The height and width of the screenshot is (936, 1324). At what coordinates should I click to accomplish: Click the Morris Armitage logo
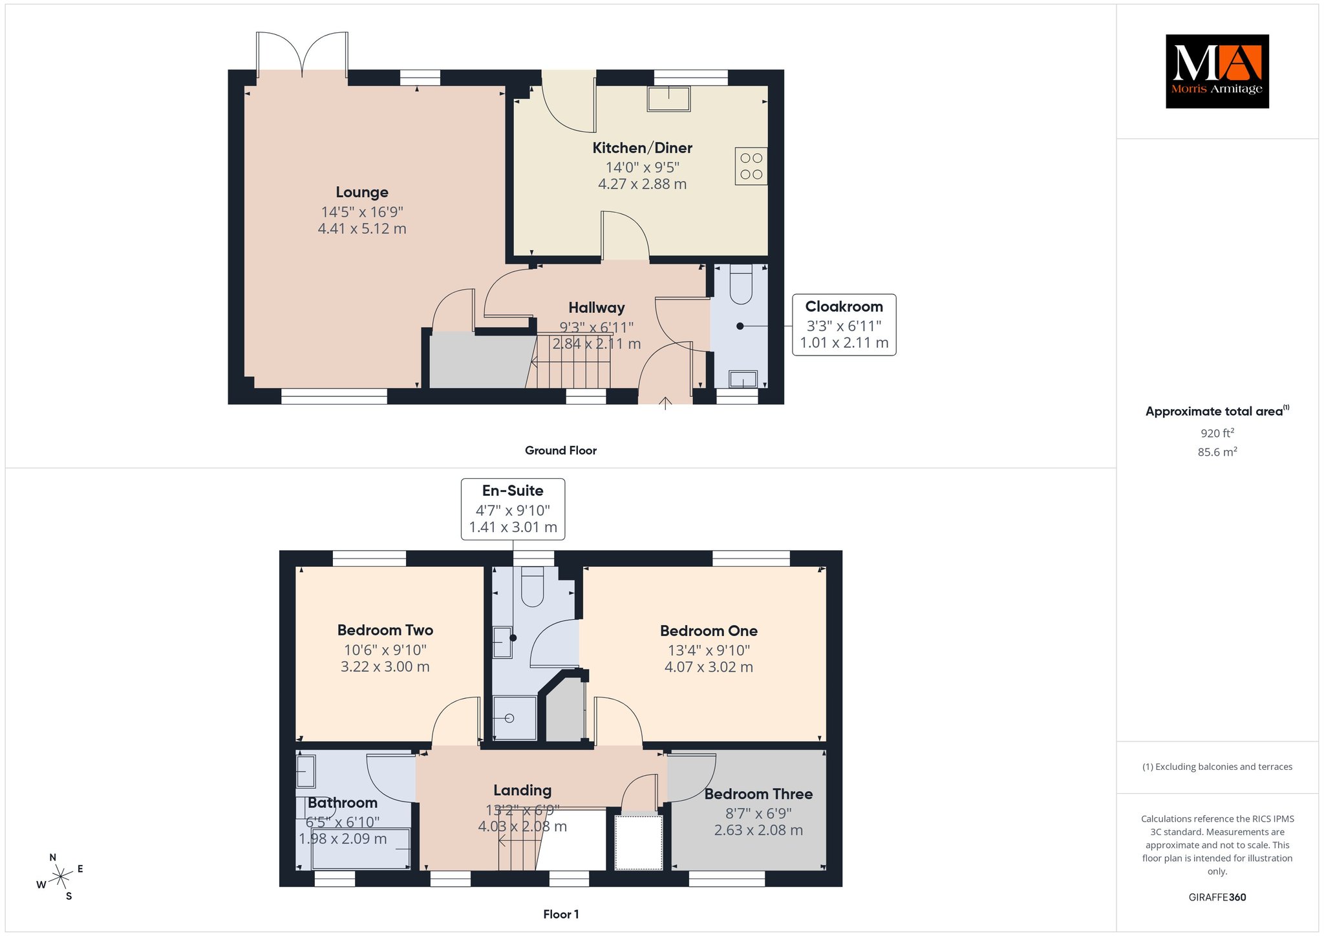[x=1217, y=71]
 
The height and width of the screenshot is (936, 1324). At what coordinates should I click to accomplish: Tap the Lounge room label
[x=362, y=192]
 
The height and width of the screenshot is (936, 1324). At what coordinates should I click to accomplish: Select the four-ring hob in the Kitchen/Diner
[x=751, y=166]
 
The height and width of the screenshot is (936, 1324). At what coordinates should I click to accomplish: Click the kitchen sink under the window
[x=669, y=99]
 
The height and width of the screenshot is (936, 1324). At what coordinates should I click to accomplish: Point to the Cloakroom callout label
[x=844, y=306]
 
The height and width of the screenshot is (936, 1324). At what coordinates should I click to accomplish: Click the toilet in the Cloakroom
[x=741, y=284]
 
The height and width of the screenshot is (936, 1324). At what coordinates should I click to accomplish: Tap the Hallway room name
[x=597, y=308]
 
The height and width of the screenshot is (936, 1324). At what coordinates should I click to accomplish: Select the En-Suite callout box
[x=513, y=509]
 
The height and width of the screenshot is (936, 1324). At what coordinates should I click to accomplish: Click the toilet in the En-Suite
[x=532, y=586]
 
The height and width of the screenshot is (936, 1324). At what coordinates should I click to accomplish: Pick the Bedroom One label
[x=709, y=631]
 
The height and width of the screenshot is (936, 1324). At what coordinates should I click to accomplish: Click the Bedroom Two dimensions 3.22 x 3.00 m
[x=385, y=666]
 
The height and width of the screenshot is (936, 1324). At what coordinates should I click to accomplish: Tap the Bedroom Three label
[x=758, y=794]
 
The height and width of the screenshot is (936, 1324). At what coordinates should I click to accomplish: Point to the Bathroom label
[x=343, y=803]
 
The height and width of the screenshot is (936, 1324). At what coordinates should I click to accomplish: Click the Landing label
[x=522, y=790]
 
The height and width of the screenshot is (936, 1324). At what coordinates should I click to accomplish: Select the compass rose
[x=61, y=877]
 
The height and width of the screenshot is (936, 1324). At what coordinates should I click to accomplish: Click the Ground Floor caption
[x=561, y=451]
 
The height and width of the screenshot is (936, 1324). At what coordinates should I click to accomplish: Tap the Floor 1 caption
[x=561, y=914]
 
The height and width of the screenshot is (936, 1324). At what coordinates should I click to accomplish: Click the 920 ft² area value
[x=1217, y=433]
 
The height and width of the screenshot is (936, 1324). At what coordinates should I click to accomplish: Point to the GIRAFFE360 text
[x=1217, y=897]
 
